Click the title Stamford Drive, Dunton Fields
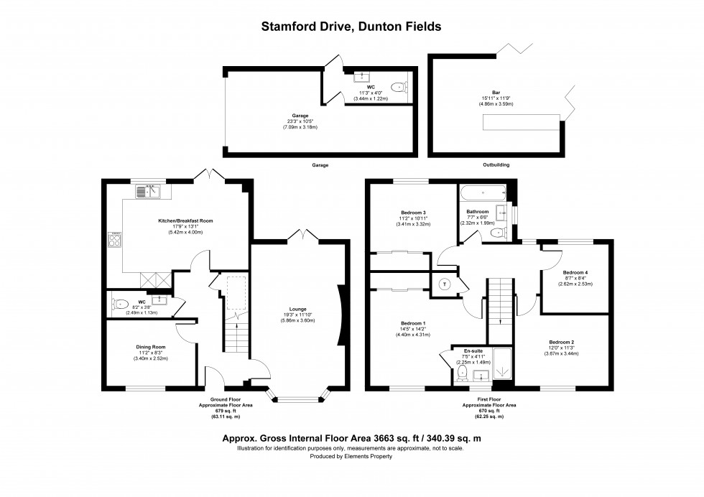tap(351, 27)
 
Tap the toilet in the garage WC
tap(398, 86)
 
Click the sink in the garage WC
tap(361, 77)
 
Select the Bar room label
tap(496, 93)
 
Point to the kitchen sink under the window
tap(148, 192)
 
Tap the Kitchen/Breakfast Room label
tap(185, 220)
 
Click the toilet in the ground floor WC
tap(121, 305)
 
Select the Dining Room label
tap(151, 347)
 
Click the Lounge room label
tap(297, 309)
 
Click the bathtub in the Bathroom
tap(483, 192)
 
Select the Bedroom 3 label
tap(413, 213)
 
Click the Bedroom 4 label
tap(575, 272)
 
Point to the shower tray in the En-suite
tap(502, 363)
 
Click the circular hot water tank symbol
tap(445, 284)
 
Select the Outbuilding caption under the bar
tap(496, 164)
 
